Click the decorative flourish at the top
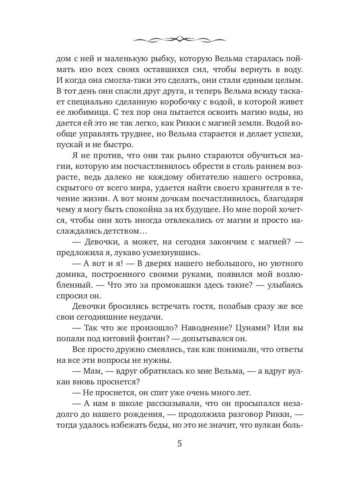pyautogui.click(x=180, y=39)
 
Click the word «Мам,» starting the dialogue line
pyautogui.click(x=95, y=371)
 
